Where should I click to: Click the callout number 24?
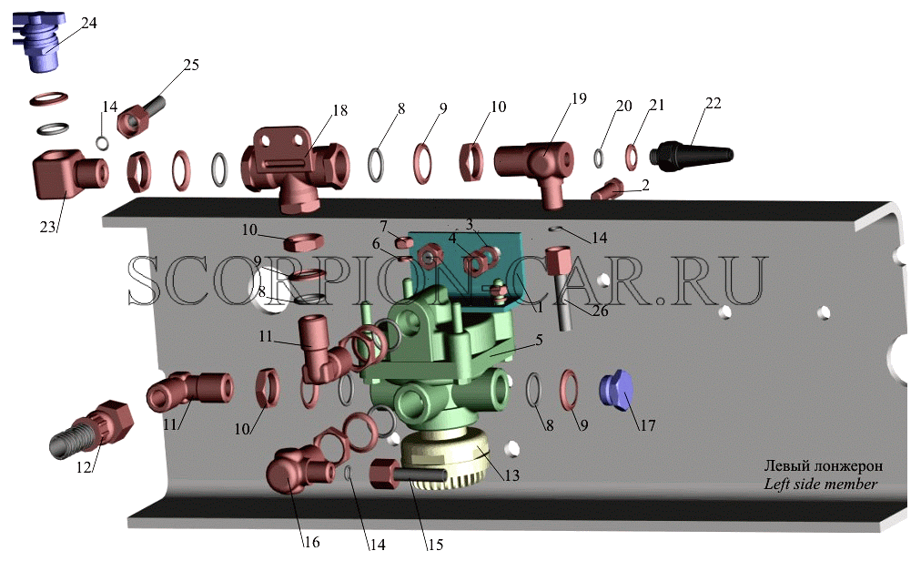coord(88,23)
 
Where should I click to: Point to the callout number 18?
coord(340,110)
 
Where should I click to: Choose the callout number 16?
coord(311,542)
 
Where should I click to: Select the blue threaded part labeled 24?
coord(41,42)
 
